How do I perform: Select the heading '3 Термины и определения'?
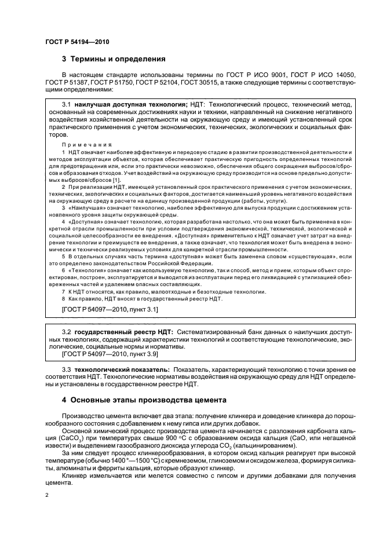point(114,58)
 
